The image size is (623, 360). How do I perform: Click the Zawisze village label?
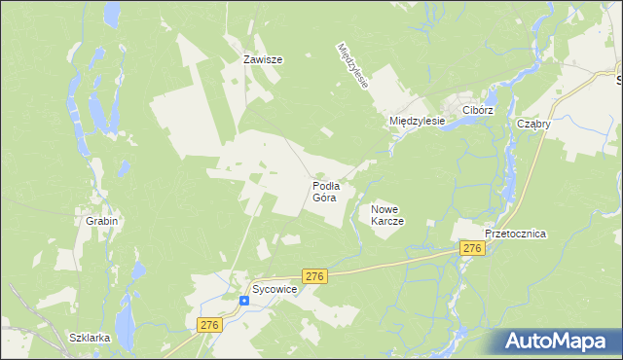(262, 59)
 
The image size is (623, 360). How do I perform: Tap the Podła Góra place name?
(325, 191)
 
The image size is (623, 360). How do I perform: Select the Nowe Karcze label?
(386, 215)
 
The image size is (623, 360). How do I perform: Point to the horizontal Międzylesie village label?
(417, 121)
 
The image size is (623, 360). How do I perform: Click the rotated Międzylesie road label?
(352, 65)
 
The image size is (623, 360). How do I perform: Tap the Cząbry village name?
(534, 124)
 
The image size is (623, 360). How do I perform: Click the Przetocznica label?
(516, 234)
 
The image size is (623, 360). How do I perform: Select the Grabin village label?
(101, 221)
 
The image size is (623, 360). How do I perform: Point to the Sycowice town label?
(275, 290)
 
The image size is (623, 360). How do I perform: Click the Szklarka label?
(90, 338)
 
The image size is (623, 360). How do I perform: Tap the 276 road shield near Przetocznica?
(473, 249)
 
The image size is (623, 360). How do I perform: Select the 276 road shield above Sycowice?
(313, 276)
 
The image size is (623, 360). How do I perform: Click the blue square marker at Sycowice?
(243, 300)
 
